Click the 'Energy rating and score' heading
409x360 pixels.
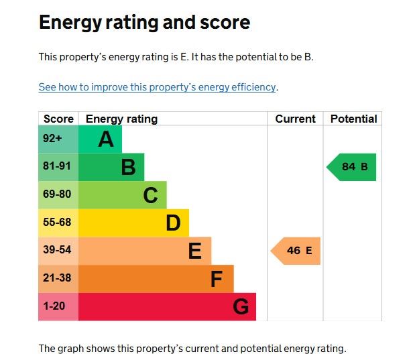[144, 22]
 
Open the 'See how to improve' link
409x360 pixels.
[157, 87]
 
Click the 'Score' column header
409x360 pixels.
[58, 119]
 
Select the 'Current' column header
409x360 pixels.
[295, 119]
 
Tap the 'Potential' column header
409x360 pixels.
[353, 119]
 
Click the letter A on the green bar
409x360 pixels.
[106, 139]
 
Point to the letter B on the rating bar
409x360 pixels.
[128, 167]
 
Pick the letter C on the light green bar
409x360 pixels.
[150, 195]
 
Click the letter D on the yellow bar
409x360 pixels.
[173, 223]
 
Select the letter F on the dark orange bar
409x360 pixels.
[216, 279]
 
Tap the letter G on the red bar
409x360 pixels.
[241, 307]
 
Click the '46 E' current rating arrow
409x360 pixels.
[296, 251]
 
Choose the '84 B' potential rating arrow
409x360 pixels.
[352, 167]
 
